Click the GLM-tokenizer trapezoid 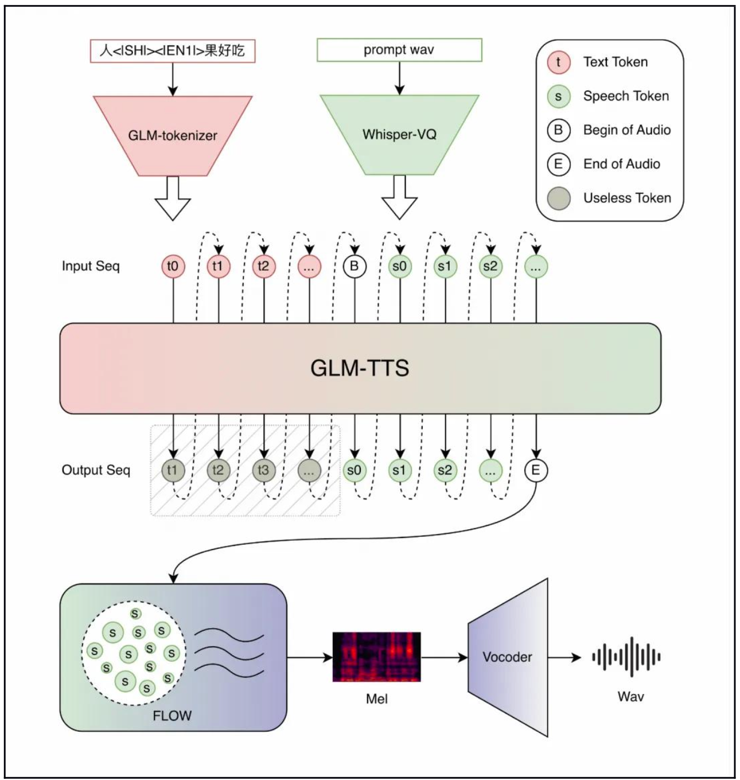(x=173, y=135)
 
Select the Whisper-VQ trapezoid (x=399, y=134)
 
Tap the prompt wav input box (x=399, y=50)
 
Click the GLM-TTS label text (x=360, y=368)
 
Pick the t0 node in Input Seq (x=173, y=266)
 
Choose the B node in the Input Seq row (x=355, y=266)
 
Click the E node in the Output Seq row (x=536, y=470)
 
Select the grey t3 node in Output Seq (x=263, y=470)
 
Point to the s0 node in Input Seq (x=400, y=266)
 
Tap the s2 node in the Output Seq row (x=445, y=470)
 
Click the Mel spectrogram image (x=376, y=657)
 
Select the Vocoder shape (x=508, y=657)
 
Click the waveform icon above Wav (x=626, y=657)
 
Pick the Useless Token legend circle (x=559, y=198)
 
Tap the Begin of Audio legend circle (x=559, y=130)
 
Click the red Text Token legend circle (x=559, y=63)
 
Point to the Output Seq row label (x=96, y=470)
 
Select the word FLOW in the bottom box (x=172, y=716)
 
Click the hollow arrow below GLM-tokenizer (x=173, y=198)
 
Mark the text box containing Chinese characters (x=173, y=50)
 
